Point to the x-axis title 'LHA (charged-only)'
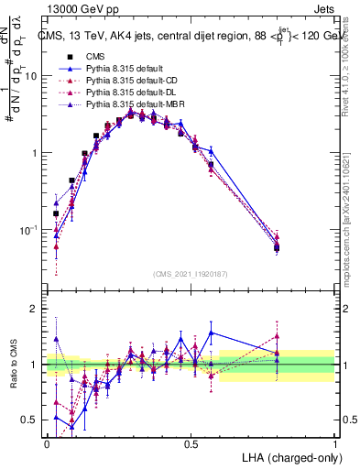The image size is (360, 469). pos(287,457)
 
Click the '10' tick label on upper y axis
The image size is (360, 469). pos(30,76)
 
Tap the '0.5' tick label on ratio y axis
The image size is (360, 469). pos(30,420)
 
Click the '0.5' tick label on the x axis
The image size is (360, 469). pos(191,443)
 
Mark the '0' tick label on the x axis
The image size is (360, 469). pos(47,443)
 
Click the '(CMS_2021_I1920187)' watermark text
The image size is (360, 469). pos(191,274)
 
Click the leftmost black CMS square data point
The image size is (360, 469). pos(56,213)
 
